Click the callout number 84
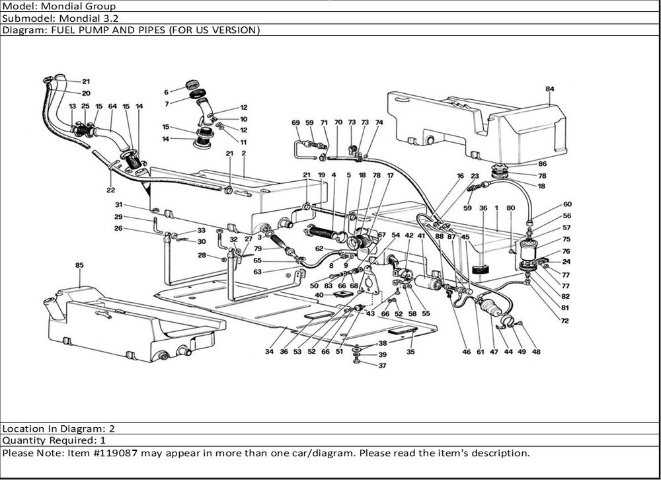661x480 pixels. tap(550, 89)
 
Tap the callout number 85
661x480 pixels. tap(79, 266)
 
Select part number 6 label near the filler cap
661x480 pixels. tap(167, 92)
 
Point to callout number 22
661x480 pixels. tap(110, 190)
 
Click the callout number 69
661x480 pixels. tap(295, 123)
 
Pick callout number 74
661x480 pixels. tap(379, 123)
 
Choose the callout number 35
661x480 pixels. tap(410, 352)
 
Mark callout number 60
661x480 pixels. tap(568, 204)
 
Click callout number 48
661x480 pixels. tap(535, 352)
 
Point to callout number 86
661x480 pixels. tap(542, 164)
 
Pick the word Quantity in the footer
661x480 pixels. tap(22, 440)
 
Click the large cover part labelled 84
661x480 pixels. tap(476, 122)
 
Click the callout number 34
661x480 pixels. tap(270, 352)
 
